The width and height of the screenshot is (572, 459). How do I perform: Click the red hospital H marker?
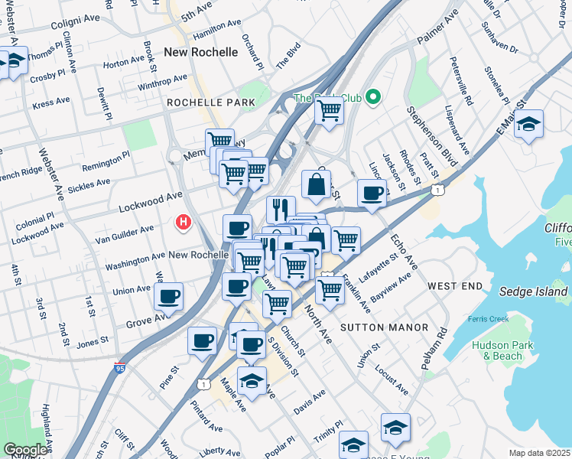coord(184,223)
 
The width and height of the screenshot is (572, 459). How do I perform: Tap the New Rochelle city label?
coord(201,52)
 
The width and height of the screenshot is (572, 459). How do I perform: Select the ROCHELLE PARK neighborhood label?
coord(205,102)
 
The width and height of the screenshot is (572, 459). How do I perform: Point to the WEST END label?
coord(455,285)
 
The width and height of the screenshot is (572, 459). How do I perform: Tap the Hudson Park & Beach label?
coord(502,350)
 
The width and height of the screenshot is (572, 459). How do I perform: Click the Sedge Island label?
coord(533,291)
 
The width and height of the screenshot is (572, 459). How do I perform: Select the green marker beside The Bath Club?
coord(373,97)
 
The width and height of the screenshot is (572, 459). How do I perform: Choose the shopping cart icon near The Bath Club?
coord(330,109)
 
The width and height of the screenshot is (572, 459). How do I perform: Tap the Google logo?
coord(26,450)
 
